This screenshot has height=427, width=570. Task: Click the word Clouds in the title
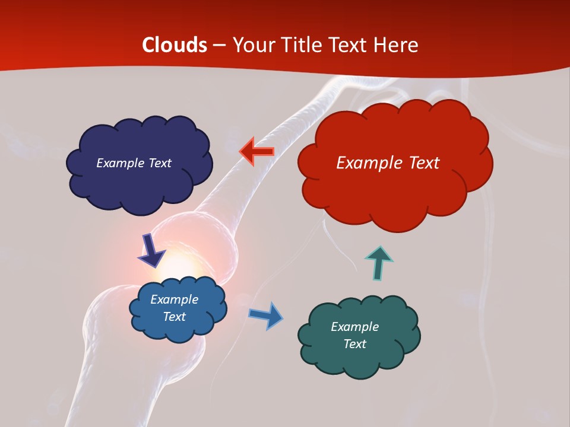point(175,45)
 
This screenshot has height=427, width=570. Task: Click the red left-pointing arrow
point(256,152)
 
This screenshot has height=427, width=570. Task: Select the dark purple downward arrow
point(151,250)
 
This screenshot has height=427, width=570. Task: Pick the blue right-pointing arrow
point(266,315)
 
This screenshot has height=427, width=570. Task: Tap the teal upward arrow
point(378,263)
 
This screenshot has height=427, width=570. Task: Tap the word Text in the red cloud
point(425,163)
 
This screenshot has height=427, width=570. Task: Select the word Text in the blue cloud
point(175,317)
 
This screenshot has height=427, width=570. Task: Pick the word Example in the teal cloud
point(354,327)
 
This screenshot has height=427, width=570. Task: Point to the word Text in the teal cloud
point(354,344)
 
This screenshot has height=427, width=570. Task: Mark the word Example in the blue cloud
point(175,299)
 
